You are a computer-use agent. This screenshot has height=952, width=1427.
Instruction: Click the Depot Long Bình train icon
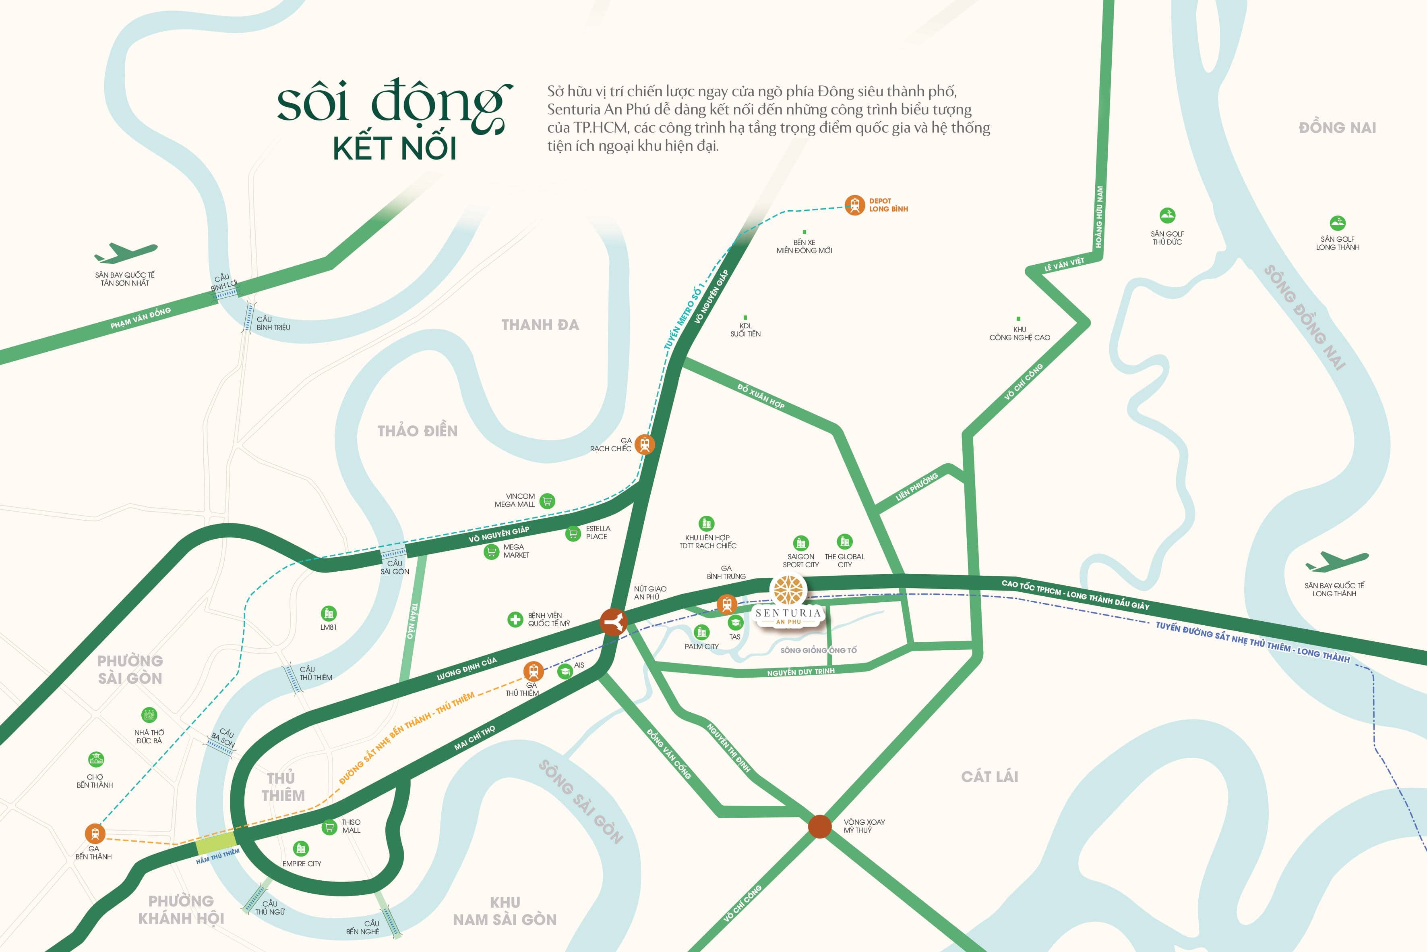click(854, 205)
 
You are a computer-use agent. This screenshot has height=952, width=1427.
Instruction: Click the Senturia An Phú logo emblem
click(788, 590)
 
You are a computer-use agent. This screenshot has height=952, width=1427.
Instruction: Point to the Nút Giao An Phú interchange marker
click(613, 622)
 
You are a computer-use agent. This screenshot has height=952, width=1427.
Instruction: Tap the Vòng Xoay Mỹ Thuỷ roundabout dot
click(820, 826)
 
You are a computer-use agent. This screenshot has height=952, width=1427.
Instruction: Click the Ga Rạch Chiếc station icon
click(644, 444)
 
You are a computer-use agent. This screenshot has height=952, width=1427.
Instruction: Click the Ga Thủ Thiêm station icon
click(533, 671)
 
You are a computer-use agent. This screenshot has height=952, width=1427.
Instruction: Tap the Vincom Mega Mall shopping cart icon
click(547, 501)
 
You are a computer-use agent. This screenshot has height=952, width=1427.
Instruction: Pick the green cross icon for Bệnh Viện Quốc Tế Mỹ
click(515, 619)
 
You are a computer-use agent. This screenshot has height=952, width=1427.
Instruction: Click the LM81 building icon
click(328, 613)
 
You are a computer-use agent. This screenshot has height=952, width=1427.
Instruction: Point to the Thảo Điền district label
click(418, 431)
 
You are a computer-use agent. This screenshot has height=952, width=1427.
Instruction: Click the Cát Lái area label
click(990, 776)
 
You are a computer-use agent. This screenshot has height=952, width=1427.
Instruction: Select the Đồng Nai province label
click(1337, 127)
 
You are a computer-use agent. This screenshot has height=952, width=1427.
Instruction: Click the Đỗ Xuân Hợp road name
click(761, 396)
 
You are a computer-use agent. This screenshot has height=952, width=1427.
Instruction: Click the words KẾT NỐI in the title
click(394, 149)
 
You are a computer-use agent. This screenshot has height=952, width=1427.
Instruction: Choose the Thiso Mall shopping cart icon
click(329, 827)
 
